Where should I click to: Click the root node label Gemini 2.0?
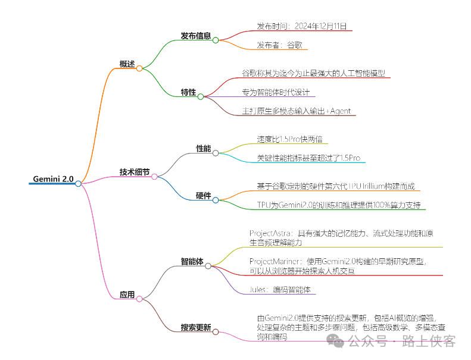pyautogui.click(x=53, y=179)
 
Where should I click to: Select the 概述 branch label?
pyautogui.click(x=127, y=64)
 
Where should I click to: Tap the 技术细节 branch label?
pyautogui.click(x=135, y=172)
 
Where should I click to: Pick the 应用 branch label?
pyautogui.click(x=127, y=294)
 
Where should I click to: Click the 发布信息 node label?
pyautogui.click(x=196, y=36)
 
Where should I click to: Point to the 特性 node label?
pyautogui.click(x=188, y=92)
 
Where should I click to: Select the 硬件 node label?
pyautogui.click(x=204, y=196)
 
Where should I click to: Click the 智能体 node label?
pyautogui.click(x=192, y=261)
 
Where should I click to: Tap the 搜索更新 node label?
pyautogui.click(x=196, y=327)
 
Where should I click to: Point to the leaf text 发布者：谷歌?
pyautogui.click(x=282, y=45)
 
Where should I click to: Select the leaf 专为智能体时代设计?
pyautogui.click(x=275, y=92)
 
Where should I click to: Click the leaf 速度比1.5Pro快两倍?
pyautogui.click(x=289, y=139)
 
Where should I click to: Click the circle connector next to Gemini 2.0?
pyautogui.click(x=79, y=183)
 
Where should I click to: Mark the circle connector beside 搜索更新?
pyautogui.click(x=215, y=331)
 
